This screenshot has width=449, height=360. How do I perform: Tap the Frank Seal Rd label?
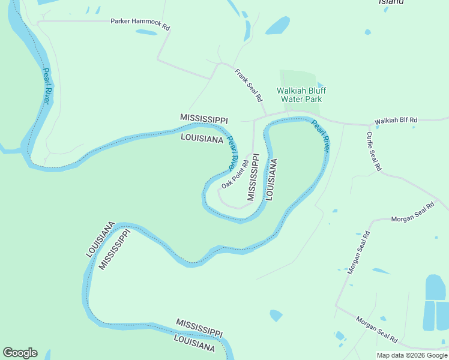pos(249,85)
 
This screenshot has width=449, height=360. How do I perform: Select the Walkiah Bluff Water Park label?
pos(299,95)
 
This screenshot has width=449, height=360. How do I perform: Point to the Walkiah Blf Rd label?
pos(396,121)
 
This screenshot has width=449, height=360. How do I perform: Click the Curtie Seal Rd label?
pos(373,152)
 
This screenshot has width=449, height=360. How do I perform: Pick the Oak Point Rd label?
pos(235,174)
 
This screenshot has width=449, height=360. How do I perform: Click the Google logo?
pos(20,353)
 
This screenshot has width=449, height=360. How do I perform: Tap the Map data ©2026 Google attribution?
pos(412,355)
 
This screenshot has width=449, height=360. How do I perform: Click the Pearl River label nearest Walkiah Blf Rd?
pos(321,136)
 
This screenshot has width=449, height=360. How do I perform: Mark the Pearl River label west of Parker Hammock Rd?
pos(46,86)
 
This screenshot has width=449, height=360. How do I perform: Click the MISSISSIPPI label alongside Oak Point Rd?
pos(253,177)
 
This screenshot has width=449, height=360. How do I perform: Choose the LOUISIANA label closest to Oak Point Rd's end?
pos(271,179)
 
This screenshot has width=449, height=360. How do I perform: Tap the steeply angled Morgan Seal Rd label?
pos(358,253)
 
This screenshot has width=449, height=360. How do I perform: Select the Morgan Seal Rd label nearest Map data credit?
pos(376,329)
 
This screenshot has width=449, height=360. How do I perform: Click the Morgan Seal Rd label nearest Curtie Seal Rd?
pos(412,213)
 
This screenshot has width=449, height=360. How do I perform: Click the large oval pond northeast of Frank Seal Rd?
pos(277,25)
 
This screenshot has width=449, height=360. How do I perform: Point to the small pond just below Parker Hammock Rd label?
pos(146,32)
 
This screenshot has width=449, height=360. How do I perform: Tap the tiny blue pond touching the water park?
pos(321,86)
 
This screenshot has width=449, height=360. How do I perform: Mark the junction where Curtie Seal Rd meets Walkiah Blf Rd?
pos(369,125)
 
